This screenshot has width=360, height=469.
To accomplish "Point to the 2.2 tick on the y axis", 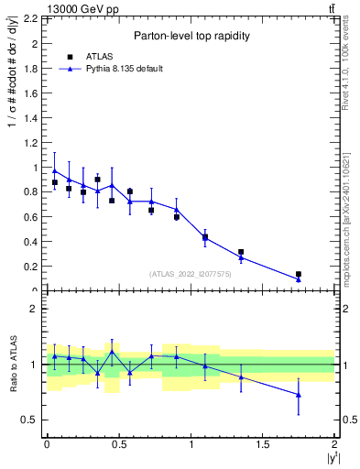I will point(31,18).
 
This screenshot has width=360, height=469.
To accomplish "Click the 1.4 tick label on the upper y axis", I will point(31,118).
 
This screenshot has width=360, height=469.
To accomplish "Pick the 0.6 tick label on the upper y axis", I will point(31,217).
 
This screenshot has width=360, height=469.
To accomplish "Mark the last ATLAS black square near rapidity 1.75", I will point(299,274).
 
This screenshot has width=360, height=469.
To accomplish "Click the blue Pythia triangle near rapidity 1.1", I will point(205,238).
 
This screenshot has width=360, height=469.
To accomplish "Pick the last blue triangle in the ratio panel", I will point(299,395).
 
